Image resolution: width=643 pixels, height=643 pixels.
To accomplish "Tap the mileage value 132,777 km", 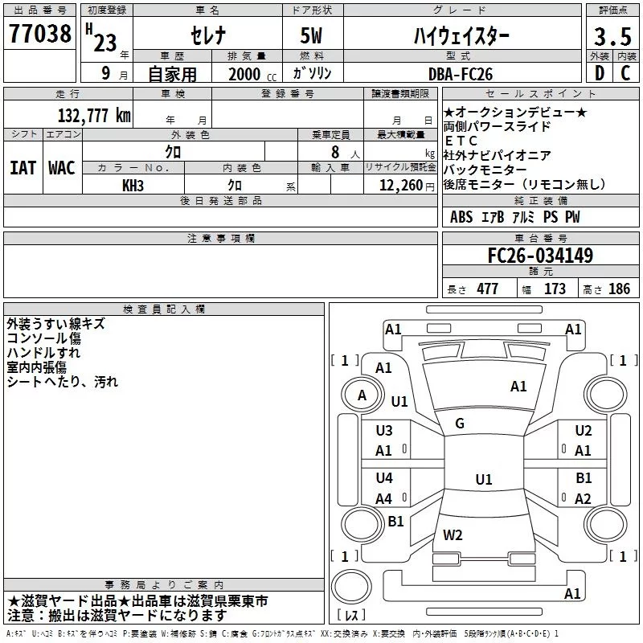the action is tap(94, 116).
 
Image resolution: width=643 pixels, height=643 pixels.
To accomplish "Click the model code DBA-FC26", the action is tap(471, 74).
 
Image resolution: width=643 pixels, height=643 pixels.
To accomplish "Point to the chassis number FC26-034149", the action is tap(540, 256).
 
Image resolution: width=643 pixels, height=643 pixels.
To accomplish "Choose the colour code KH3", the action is tap(133, 186).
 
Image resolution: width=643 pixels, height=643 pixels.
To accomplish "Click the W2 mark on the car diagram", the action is tap(453, 534).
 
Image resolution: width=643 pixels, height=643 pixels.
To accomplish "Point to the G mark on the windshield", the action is tap(460, 424).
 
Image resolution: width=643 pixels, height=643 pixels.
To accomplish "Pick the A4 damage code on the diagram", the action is tap(384, 499).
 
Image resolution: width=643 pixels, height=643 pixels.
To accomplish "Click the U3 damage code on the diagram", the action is tap(384, 431).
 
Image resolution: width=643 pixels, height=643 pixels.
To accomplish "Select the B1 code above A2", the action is tap(584, 478).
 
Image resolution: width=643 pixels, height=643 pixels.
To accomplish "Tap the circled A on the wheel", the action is tap(362, 395).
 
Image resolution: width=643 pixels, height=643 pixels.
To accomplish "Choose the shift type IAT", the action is tap(23, 168).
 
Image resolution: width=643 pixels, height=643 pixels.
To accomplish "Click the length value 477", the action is tap(487, 289).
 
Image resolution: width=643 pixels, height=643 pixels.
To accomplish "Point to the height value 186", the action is tap(619, 289).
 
